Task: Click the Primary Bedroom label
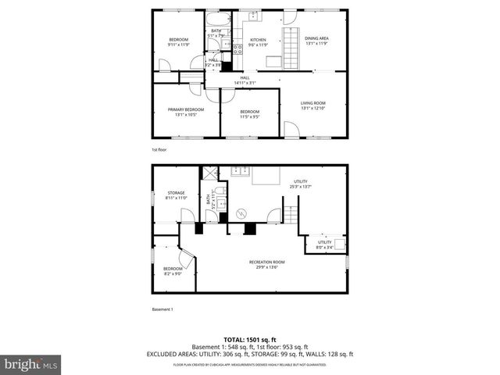tap(186, 112)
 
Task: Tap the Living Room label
tap(313, 105)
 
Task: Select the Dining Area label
tap(316, 40)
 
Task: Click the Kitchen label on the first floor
tap(258, 42)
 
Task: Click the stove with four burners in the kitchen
tap(237, 49)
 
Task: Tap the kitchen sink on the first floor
tap(254, 16)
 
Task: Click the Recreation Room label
tap(266, 264)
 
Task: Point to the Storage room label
tap(175, 195)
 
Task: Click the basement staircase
tap(291, 212)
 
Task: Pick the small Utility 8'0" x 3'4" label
tap(324, 245)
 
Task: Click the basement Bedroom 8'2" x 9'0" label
tap(173, 271)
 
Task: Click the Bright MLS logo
tap(30, 363)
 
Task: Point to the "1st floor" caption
tap(159, 150)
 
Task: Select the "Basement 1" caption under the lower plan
tap(162, 309)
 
